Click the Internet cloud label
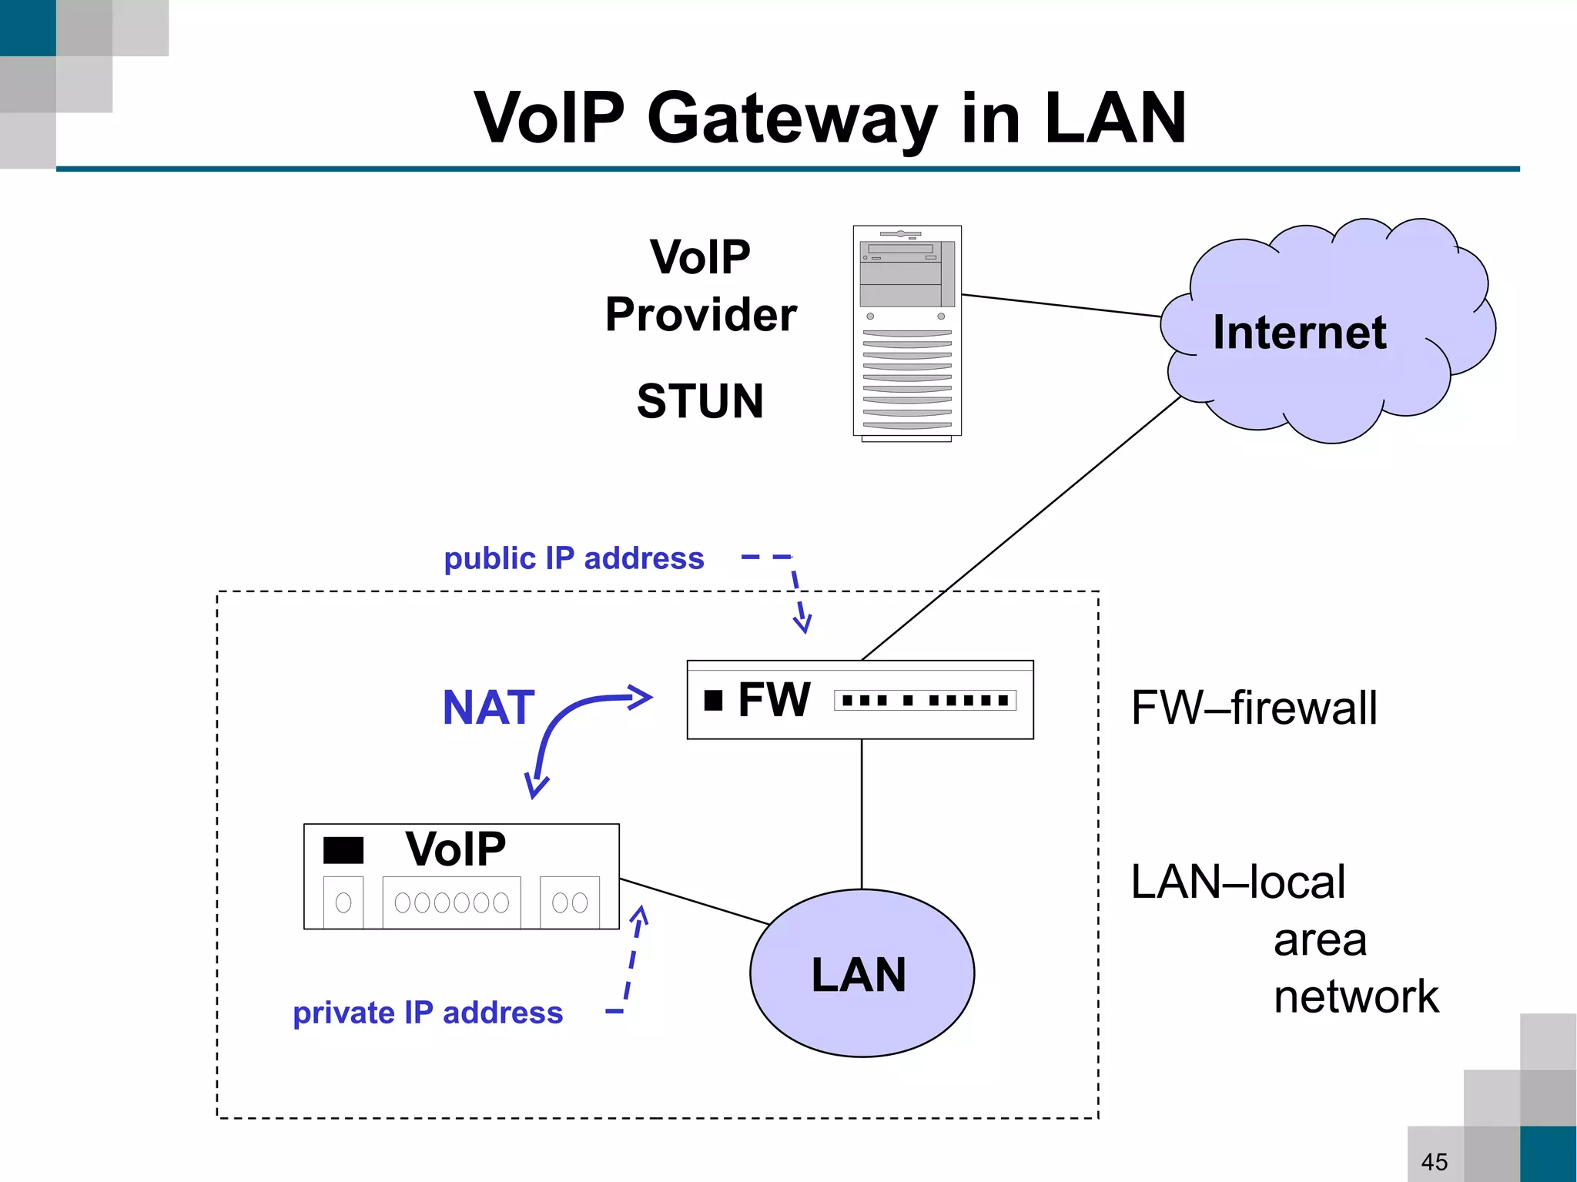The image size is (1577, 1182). coord(1299,333)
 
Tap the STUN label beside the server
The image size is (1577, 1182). coord(699,401)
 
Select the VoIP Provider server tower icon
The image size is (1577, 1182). coord(907,333)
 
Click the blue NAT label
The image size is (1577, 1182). coord(488,708)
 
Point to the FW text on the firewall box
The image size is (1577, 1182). coord(773,700)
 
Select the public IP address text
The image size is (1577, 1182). coord(574,558)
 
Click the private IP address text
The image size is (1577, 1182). coord(428,1013)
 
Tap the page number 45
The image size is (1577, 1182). coord(1434,1161)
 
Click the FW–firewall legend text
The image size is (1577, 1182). coord(1254,708)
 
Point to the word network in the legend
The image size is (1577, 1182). coord(1355,996)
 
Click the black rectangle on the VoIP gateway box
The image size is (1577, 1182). coord(343,850)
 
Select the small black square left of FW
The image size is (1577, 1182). coord(713,700)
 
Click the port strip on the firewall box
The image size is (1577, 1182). coord(925,700)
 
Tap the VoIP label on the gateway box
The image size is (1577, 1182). coord(455,849)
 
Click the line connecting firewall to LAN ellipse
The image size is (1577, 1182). coord(862,812)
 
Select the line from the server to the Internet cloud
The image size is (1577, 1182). coord(1061,305)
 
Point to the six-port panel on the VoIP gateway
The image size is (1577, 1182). coord(451,902)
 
